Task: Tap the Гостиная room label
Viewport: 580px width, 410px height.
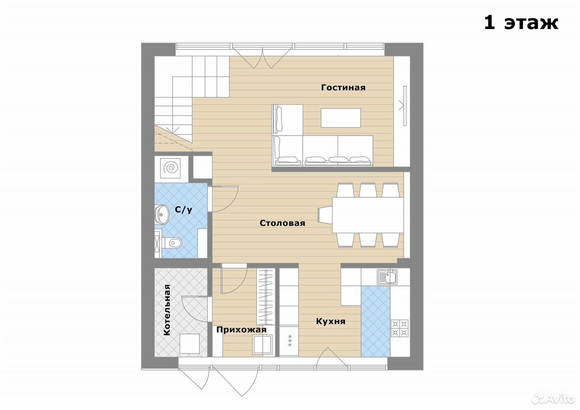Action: point(343,87)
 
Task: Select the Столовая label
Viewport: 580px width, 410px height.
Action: point(282,223)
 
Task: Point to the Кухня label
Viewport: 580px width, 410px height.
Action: point(331,322)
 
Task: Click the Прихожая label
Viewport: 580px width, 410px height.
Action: point(242,330)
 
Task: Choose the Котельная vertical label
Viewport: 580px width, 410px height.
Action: point(167,310)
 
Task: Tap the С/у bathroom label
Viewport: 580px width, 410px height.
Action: point(184,210)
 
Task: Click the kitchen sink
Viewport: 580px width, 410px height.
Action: point(387,277)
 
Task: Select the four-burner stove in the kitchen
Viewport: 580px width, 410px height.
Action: point(400,328)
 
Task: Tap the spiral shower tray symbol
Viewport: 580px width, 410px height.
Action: point(170,168)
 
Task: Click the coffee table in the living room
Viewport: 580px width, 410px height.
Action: point(341,118)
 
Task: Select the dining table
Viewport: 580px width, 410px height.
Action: point(367,215)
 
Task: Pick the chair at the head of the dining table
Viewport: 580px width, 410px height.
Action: point(325,215)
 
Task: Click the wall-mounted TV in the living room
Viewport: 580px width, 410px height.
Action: point(405,106)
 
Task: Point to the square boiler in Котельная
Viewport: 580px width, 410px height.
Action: point(189,343)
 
